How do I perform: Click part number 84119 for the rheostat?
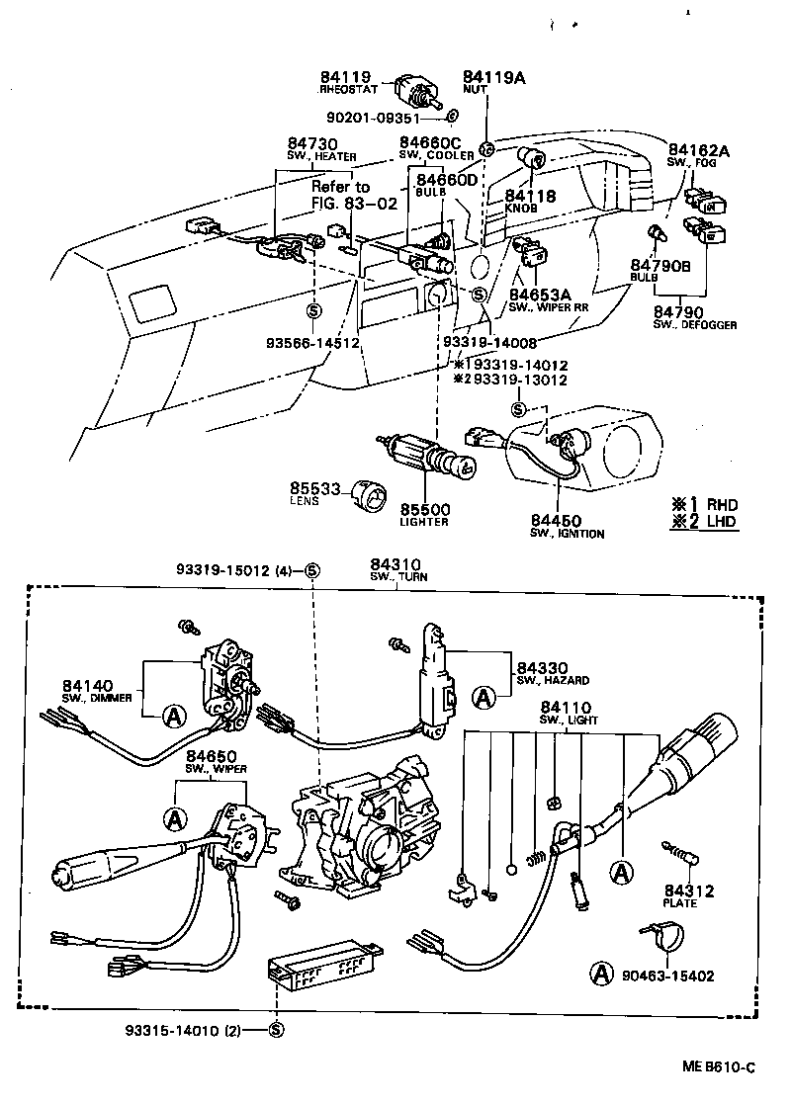point(343,77)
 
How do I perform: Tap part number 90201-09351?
point(381,116)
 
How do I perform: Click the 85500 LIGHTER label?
point(425,514)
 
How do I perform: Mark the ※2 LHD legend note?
point(704,522)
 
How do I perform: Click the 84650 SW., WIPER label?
point(212,762)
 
